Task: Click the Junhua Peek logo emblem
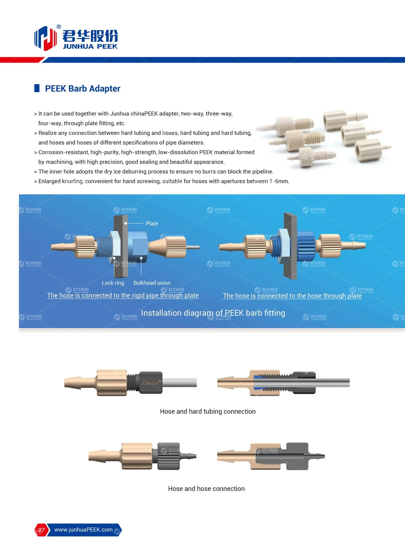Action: tap(45, 38)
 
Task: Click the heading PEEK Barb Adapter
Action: tap(82, 89)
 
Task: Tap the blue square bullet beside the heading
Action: tap(37, 88)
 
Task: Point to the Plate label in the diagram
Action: tap(152, 223)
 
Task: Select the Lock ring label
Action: tap(113, 283)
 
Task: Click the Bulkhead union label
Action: tap(152, 283)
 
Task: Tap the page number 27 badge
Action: tap(41, 530)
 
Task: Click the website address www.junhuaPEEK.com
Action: tap(83, 530)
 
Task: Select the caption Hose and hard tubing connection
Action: tap(208, 412)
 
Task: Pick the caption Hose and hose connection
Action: tap(206, 489)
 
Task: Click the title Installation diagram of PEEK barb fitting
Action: tap(213, 313)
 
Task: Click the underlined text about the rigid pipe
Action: tap(123, 295)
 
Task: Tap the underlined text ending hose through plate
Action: tap(292, 296)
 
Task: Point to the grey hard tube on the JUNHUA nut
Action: tap(180, 383)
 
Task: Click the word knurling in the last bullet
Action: tap(72, 181)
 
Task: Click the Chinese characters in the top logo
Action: tap(90, 36)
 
